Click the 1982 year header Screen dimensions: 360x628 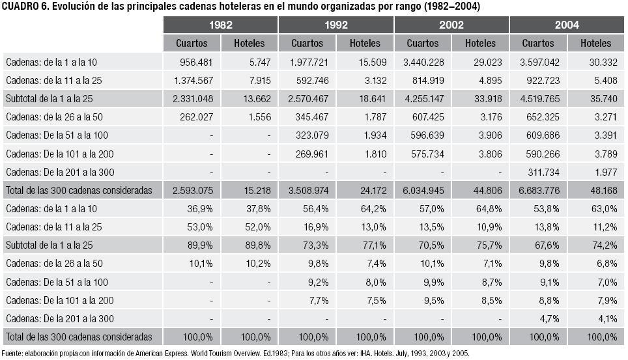pos(220,25)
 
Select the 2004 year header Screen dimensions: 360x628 pos(567,25)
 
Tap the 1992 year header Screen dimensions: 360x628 pos(335,25)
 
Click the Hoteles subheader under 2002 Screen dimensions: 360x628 pos(480,43)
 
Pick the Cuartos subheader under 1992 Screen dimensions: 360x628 pos(307,43)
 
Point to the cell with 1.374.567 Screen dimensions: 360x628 pos(196,80)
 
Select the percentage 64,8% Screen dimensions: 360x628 pos(489,208)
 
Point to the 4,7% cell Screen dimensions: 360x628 pos(552,319)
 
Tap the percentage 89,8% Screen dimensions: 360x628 pos(257,245)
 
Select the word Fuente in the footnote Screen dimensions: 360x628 pos(14,354)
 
